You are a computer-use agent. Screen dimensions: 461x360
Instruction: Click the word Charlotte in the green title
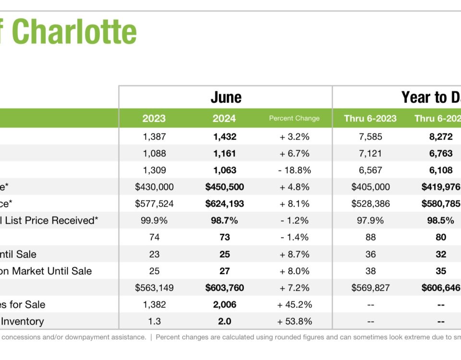point(74,32)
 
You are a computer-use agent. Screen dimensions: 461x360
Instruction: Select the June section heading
point(226,97)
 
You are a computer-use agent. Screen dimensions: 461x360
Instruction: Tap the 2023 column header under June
point(154,118)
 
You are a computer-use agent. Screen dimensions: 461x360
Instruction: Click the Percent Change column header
point(294,118)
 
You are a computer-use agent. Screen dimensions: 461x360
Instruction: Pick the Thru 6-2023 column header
point(370,118)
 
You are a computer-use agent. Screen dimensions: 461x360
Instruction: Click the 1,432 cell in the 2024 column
point(224,137)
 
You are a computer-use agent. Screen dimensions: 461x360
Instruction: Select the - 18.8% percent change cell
point(295,170)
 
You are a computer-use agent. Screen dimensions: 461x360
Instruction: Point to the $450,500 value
point(224,187)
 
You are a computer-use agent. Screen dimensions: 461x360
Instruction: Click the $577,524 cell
point(154,204)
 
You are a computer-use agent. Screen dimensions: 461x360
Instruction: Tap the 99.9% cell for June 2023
point(154,221)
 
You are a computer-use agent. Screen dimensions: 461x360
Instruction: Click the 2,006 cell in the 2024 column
point(224,305)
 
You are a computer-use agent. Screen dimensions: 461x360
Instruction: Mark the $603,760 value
point(224,288)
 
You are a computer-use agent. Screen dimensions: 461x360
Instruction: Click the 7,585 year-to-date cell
point(370,137)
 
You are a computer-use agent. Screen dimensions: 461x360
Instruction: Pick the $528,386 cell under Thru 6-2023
point(370,204)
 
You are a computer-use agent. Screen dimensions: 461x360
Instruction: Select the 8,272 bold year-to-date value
point(440,137)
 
